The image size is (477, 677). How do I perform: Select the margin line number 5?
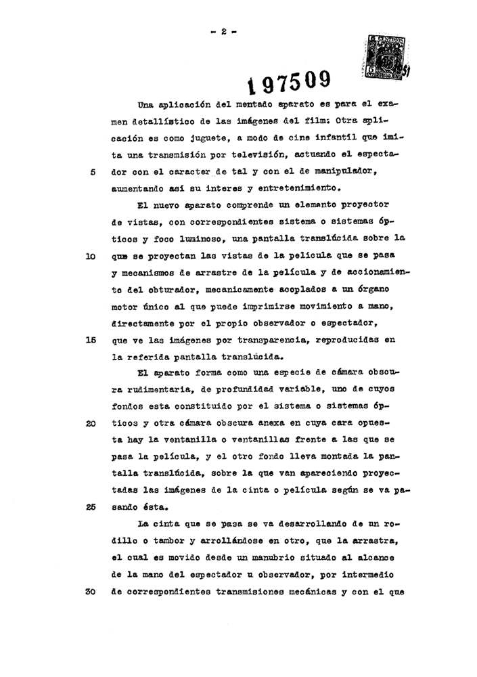click(93, 171)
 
